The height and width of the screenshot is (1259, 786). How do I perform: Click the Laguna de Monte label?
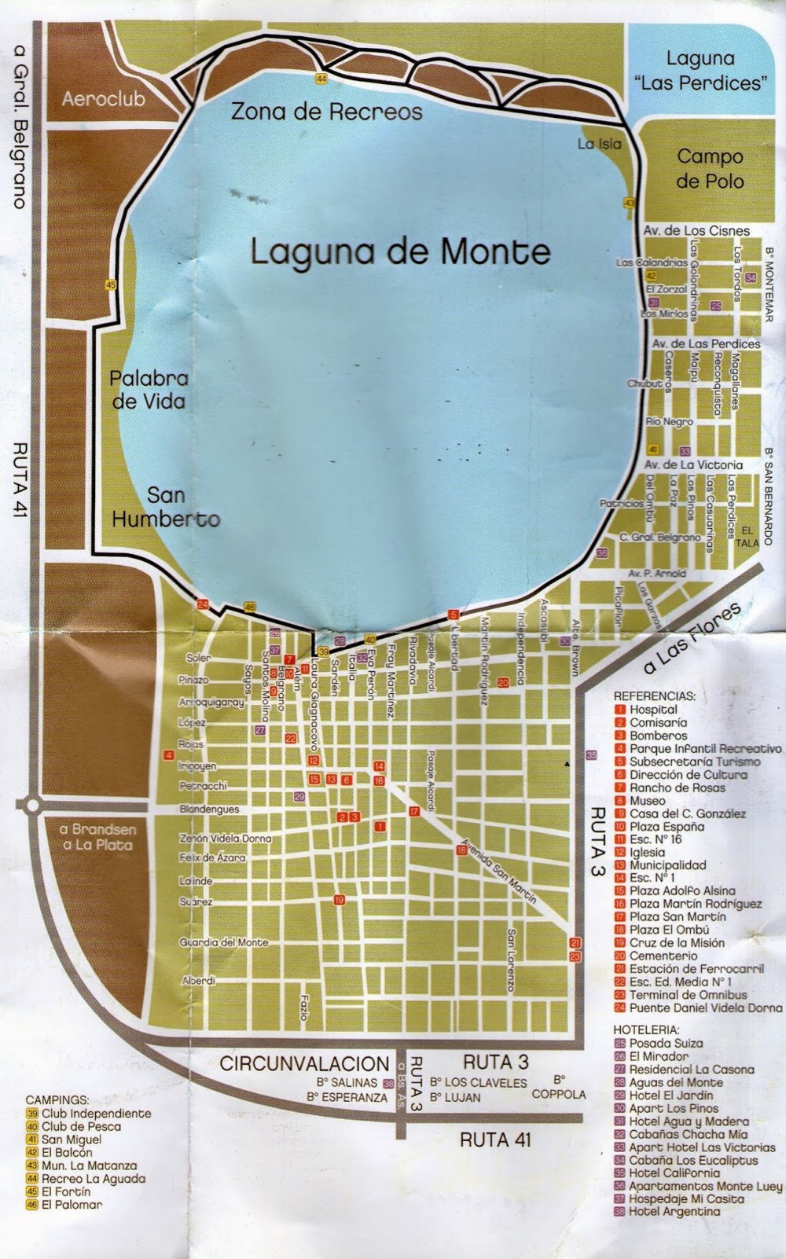click(400, 251)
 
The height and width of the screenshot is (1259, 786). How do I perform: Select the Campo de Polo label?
click(711, 168)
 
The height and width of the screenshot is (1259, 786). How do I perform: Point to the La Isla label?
click(599, 144)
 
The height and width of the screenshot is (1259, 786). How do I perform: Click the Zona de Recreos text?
click(326, 112)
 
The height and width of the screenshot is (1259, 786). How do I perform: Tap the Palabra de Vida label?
click(149, 389)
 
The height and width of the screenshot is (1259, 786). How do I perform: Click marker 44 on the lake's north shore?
click(321, 78)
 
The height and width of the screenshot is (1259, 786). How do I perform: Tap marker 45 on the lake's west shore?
click(111, 285)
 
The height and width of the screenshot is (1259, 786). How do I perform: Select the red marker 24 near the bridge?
click(203, 604)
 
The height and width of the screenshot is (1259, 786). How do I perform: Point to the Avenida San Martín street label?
click(499, 870)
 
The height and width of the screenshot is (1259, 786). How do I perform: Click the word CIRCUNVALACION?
click(304, 1064)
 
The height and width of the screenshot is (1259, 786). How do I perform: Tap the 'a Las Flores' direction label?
click(692, 639)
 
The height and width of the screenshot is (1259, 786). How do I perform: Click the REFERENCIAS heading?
click(654, 696)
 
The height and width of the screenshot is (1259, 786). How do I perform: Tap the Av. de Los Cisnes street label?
click(696, 231)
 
